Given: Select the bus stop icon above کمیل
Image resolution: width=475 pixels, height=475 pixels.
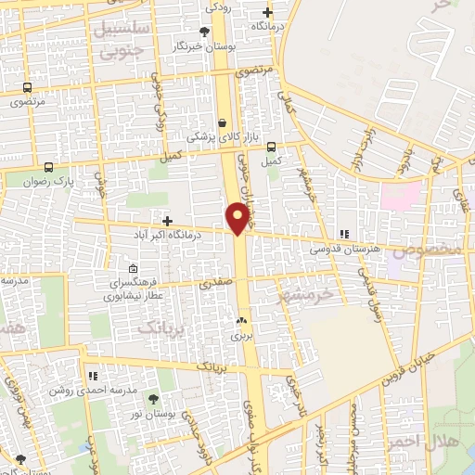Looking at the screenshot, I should click(x=271, y=147).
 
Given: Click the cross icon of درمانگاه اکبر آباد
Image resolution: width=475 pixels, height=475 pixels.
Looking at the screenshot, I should click(x=167, y=221).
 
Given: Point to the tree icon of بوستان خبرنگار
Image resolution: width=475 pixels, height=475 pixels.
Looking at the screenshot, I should click(x=205, y=30).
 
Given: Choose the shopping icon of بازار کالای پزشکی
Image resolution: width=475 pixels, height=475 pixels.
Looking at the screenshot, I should click(x=222, y=122).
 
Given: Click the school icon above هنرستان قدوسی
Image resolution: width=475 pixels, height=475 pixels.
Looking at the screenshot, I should click(x=343, y=234).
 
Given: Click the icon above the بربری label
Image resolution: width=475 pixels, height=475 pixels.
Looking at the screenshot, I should click(x=242, y=322).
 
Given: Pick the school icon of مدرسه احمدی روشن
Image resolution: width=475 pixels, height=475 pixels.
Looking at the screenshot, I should click(x=92, y=376).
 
